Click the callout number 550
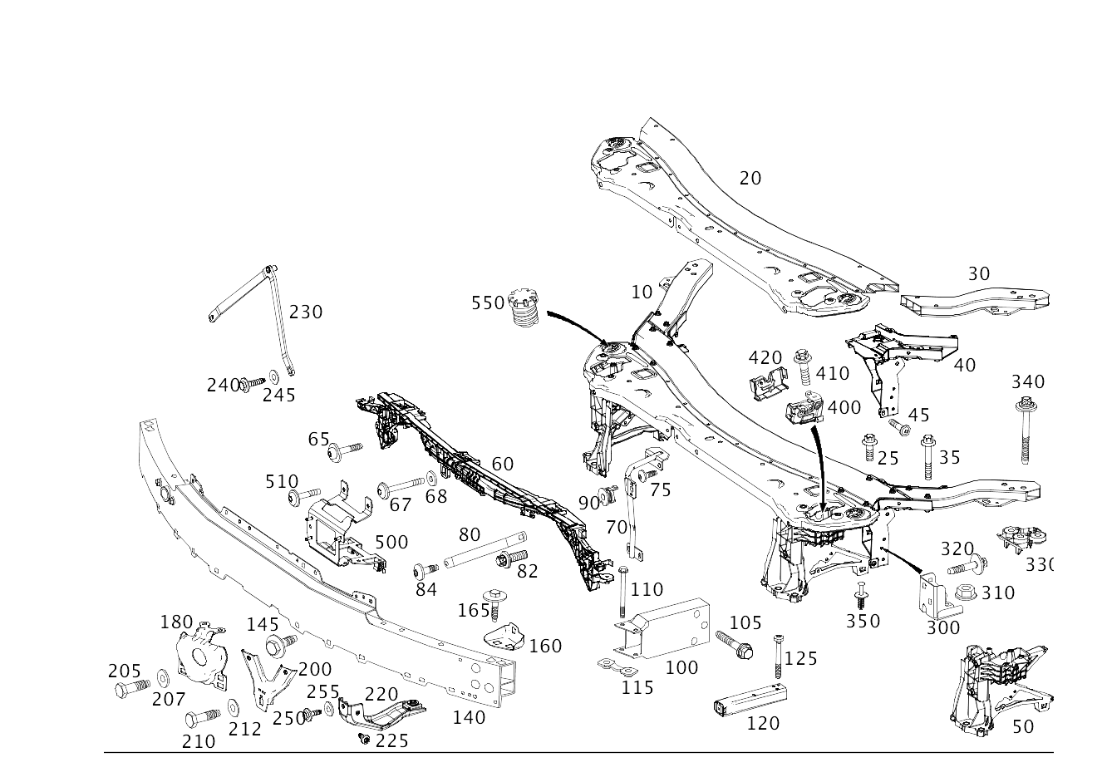coord(488,302)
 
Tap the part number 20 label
coord(750,178)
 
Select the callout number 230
coord(306,312)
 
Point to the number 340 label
coord(1028,382)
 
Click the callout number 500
coord(391,543)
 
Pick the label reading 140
coord(469,716)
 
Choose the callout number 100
coord(681,667)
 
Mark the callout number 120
coord(763,723)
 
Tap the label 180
coord(176,622)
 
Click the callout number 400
coord(844,407)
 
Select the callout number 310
coord(997,593)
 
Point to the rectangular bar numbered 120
coord(750,697)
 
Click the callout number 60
coord(502,464)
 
